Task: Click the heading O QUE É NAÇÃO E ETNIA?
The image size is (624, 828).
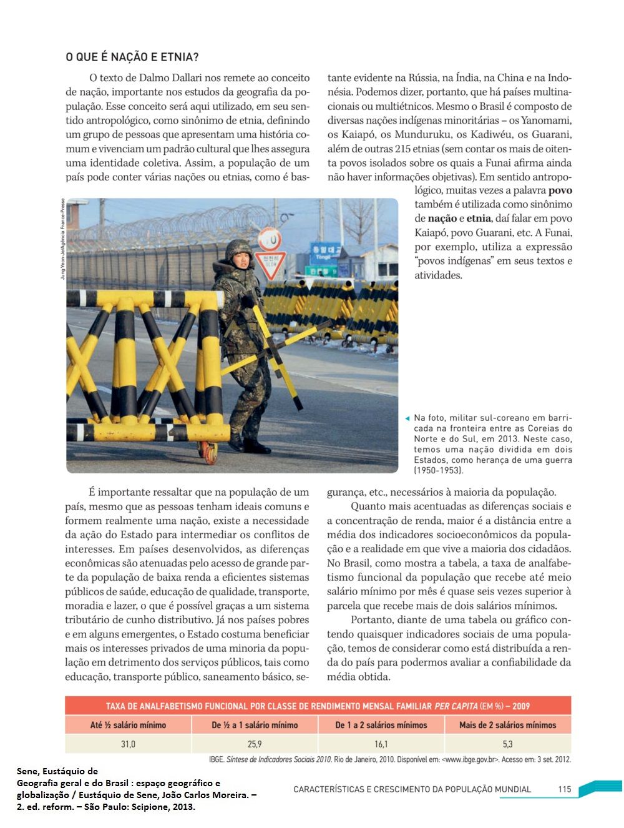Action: click(x=132, y=57)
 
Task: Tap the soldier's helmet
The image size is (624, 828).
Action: click(x=239, y=250)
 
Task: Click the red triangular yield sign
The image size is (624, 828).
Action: click(x=270, y=262)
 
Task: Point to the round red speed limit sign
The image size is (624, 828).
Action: click(x=270, y=239)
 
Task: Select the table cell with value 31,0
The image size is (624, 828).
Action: click(x=128, y=744)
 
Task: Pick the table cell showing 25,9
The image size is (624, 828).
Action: click(x=255, y=744)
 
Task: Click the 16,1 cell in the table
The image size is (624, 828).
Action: click(x=381, y=744)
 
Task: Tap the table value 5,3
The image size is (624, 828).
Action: click(x=507, y=744)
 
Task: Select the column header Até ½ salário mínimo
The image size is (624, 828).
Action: click(x=128, y=725)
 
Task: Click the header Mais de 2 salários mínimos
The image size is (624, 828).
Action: click(x=507, y=725)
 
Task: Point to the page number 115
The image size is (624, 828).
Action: click(x=564, y=789)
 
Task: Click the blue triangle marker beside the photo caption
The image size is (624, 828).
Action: click(x=407, y=418)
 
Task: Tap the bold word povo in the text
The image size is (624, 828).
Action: click(x=560, y=190)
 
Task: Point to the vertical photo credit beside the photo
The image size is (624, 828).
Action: click(x=62, y=239)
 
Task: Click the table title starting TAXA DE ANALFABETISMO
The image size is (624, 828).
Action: click(x=318, y=706)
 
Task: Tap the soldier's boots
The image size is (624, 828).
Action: click(x=249, y=445)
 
